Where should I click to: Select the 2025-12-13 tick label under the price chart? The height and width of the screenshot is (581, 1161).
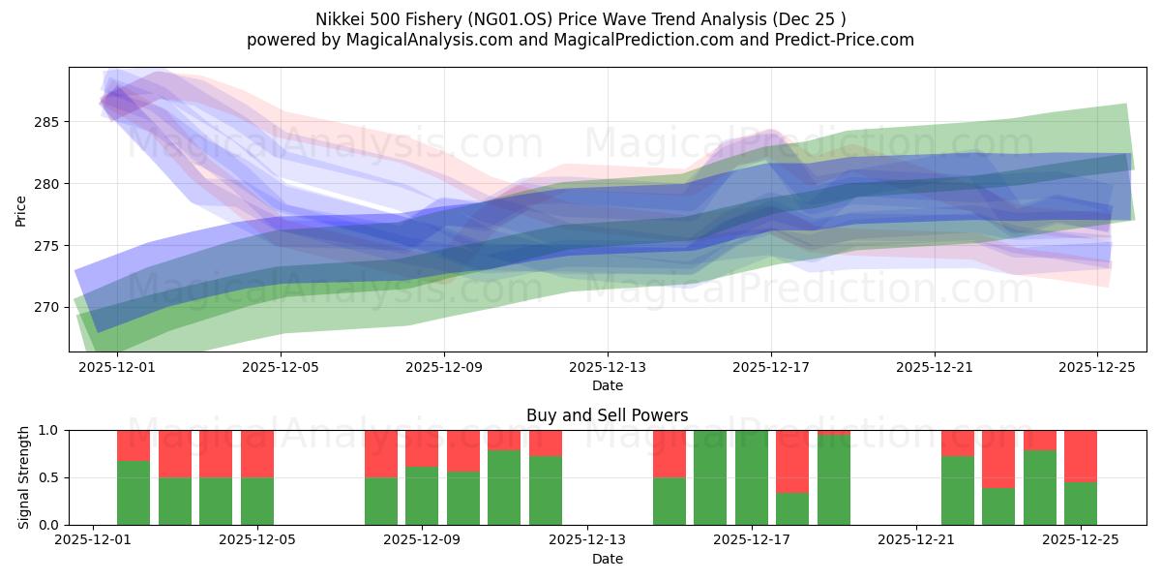point(608,368)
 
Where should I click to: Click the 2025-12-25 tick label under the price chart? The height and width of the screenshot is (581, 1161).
point(1097,368)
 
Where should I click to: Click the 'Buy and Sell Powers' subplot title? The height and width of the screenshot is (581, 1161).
point(607,415)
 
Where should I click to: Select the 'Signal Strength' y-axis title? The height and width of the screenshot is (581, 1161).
point(24,477)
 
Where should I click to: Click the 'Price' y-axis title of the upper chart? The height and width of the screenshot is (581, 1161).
point(20,209)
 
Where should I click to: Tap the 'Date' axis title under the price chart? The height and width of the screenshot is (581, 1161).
point(607,385)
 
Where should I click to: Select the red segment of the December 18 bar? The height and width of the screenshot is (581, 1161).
point(792,462)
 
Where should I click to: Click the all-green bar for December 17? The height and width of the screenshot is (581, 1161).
point(752,477)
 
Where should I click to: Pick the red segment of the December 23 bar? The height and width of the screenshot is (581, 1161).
point(998,459)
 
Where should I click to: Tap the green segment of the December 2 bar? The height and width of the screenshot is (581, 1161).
point(134,493)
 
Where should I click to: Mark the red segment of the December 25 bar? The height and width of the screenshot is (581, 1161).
point(1081,456)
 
